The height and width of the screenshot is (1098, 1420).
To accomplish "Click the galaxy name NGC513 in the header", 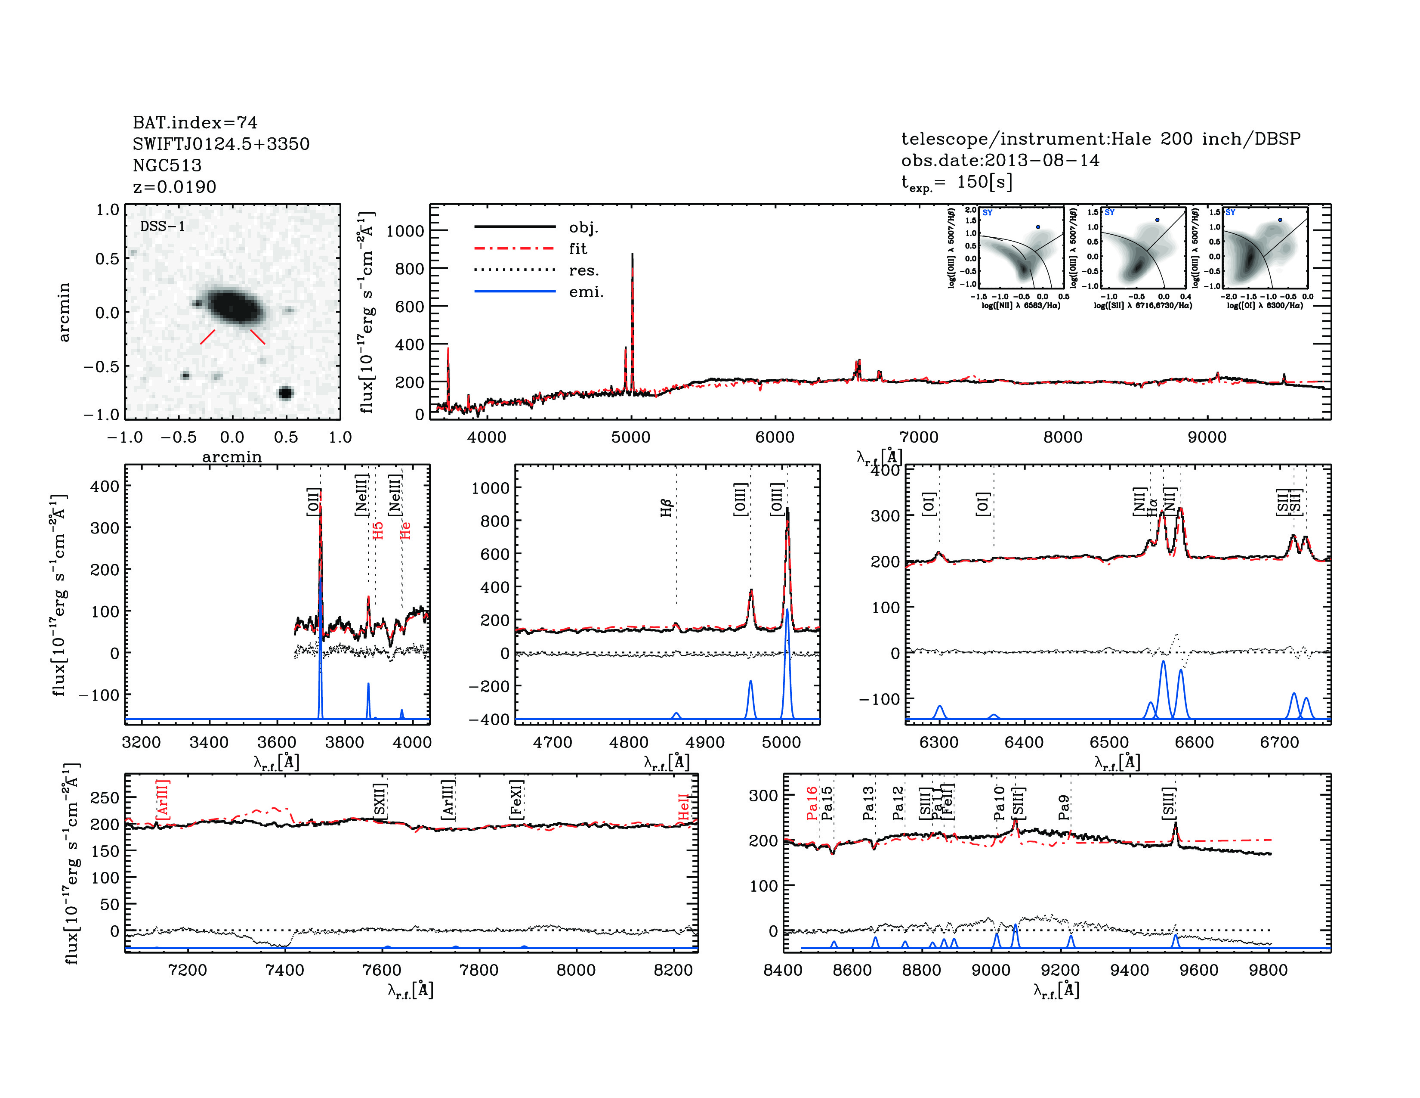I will (x=167, y=165).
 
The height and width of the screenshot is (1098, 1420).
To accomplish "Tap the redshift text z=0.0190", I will (x=174, y=187).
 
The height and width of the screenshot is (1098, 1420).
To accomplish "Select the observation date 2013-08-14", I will (x=1042, y=160).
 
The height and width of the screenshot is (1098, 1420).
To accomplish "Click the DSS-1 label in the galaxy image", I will (x=163, y=226).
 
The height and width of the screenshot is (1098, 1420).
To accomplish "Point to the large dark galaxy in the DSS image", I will (x=234, y=307).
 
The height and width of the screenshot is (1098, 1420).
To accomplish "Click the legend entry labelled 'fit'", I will (x=577, y=248).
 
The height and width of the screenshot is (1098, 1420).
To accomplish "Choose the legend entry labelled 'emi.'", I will (x=586, y=292).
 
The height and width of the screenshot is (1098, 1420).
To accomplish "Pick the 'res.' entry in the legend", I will (x=583, y=270).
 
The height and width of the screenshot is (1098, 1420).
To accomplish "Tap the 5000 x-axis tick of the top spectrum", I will (x=631, y=437).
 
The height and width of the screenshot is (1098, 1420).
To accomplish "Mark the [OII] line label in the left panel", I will (x=313, y=502).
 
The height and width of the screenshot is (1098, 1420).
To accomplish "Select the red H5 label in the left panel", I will (x=378, y=530).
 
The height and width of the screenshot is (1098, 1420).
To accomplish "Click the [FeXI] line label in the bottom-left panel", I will (x=516, y=800).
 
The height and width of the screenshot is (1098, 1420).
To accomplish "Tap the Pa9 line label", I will (x=1064, y=807).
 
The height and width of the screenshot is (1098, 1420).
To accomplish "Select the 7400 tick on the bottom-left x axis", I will (x=285, y=970).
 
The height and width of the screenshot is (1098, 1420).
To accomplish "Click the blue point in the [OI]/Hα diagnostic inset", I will (x=1280, y=220).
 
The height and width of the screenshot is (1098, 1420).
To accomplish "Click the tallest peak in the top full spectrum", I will (x=633, y=255).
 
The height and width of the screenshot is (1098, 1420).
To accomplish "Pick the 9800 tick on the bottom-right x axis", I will (x=1269, y=970).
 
